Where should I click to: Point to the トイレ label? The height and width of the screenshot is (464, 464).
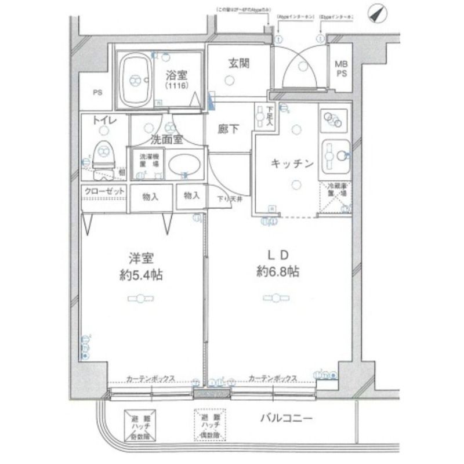click(107, 121)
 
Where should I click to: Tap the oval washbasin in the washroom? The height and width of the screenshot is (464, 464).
click(184, 164)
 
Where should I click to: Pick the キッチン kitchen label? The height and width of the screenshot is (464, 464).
click(292, 164)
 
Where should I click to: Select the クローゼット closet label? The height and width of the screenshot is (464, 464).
click(103, 191)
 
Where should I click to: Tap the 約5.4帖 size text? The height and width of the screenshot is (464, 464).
click(141, 275)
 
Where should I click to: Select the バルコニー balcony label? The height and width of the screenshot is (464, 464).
click(287, 418)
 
